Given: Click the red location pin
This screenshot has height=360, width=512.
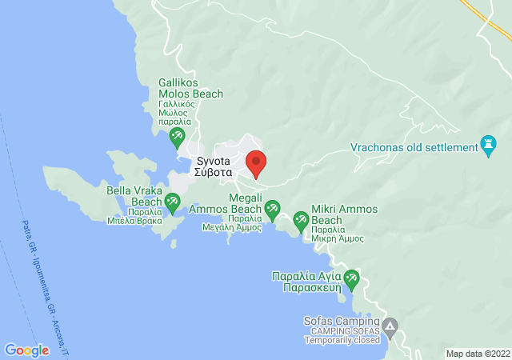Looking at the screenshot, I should (256, 162).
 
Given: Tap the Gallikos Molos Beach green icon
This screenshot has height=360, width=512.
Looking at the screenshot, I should (178, 138).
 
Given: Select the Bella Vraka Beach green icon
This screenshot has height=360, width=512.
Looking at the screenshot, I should (174, 205).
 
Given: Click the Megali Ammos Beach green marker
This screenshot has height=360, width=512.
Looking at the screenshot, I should (273, 210).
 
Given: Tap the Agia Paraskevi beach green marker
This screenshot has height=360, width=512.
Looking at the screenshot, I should (350, 280).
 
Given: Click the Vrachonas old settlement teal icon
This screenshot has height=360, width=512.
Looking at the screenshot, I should (487, 146).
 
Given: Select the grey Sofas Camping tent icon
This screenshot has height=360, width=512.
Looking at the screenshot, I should (390, 327).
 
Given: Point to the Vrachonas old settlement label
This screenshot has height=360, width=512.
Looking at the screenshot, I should (413, 147).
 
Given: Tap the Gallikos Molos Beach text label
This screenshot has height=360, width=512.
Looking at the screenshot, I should (190, 100).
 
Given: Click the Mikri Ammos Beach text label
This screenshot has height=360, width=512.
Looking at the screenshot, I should (338, 220).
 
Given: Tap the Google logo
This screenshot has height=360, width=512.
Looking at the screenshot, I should (26, 350).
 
